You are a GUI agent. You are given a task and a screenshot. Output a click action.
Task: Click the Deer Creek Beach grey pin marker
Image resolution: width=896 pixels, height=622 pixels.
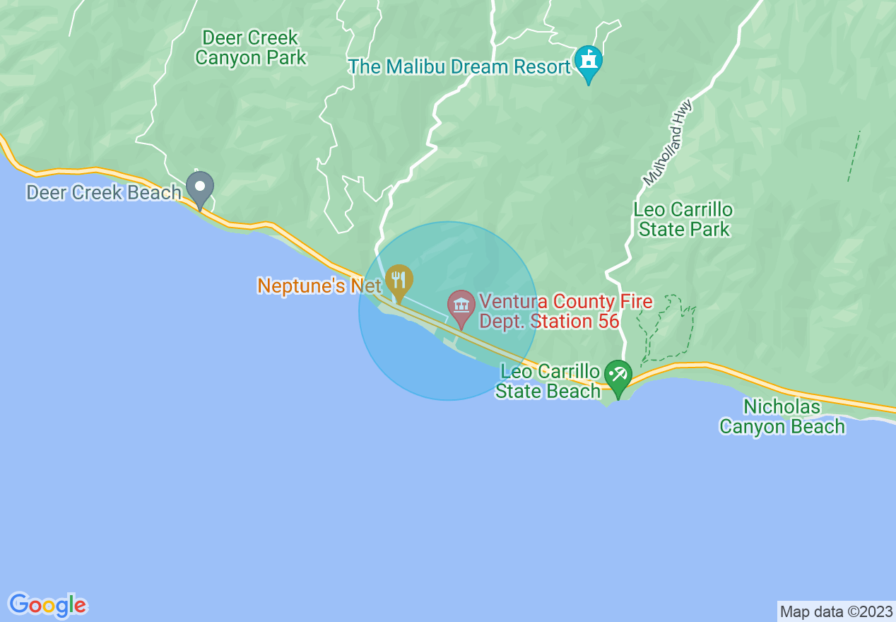click(x=200, y=188)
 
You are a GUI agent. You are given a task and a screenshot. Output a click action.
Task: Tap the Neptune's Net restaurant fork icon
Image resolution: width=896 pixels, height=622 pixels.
click(x=399, y=281)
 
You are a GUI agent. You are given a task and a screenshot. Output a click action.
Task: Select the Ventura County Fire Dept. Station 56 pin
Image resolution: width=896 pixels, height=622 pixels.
click(x=461, y=306)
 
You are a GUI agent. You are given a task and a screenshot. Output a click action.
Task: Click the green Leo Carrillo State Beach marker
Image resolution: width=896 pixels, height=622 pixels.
click(x=618, y=376)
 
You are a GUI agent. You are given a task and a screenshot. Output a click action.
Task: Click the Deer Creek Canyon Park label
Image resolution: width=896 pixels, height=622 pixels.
click(x=251, y=47)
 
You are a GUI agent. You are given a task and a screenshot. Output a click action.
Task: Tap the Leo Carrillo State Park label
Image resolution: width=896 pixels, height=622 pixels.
click(x=683, y=219)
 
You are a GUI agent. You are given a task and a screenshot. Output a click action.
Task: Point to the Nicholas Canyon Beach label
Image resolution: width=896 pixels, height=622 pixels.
click(x=782, y=416)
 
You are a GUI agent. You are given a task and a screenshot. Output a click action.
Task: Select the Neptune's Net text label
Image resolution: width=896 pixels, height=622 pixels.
click(x=319, y=286)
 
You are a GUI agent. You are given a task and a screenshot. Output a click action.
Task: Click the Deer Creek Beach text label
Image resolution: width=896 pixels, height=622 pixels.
click(x=104, y=192)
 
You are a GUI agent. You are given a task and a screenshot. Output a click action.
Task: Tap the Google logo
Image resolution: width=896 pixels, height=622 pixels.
click(x=48, y=605)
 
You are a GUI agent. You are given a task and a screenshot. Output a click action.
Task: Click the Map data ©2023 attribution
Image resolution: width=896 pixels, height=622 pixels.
click(x=836, y=611)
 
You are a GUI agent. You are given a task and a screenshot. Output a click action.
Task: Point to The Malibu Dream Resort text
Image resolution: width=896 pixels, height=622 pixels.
click(x=459, y=67)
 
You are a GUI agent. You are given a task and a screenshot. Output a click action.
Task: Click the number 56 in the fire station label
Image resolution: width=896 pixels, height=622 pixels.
click(x=606, y=322)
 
